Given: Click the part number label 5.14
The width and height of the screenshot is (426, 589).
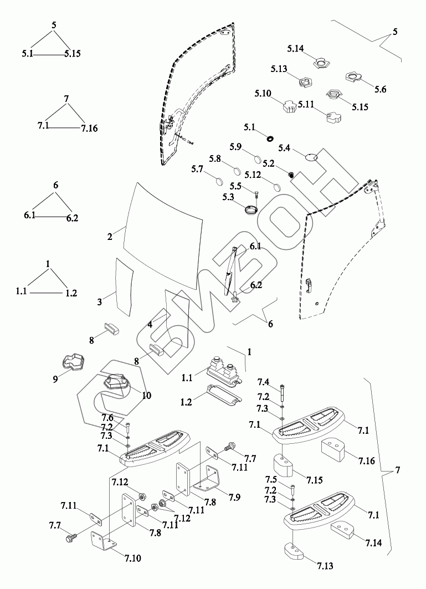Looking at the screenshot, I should (295, 49).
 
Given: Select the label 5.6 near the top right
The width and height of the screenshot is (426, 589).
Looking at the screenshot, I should (381, 89).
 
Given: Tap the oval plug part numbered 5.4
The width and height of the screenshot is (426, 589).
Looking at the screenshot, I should (312, 157).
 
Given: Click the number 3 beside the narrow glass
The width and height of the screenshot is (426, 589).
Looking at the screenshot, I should (100, 302).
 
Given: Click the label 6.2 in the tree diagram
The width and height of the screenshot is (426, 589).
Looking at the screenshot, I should (72, 218).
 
